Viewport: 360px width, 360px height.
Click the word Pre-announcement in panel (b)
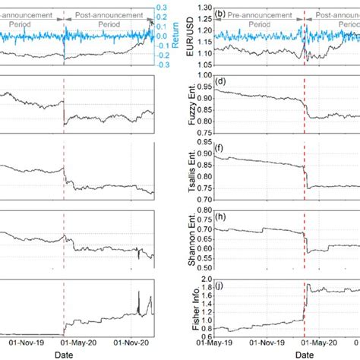(261, 14)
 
